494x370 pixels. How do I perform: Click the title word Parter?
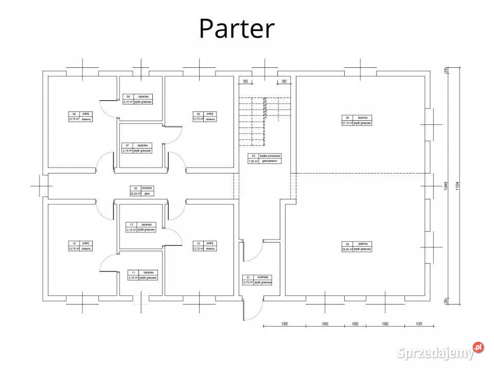(237, 29)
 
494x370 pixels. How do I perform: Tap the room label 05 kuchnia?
(356, 120)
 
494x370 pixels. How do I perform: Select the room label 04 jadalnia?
(356, 246)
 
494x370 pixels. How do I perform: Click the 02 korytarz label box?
(141, 191)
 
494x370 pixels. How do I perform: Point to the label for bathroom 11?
(143, 275)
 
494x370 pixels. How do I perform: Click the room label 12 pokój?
(203, 246)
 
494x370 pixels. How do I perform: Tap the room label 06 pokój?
(203, 117)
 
